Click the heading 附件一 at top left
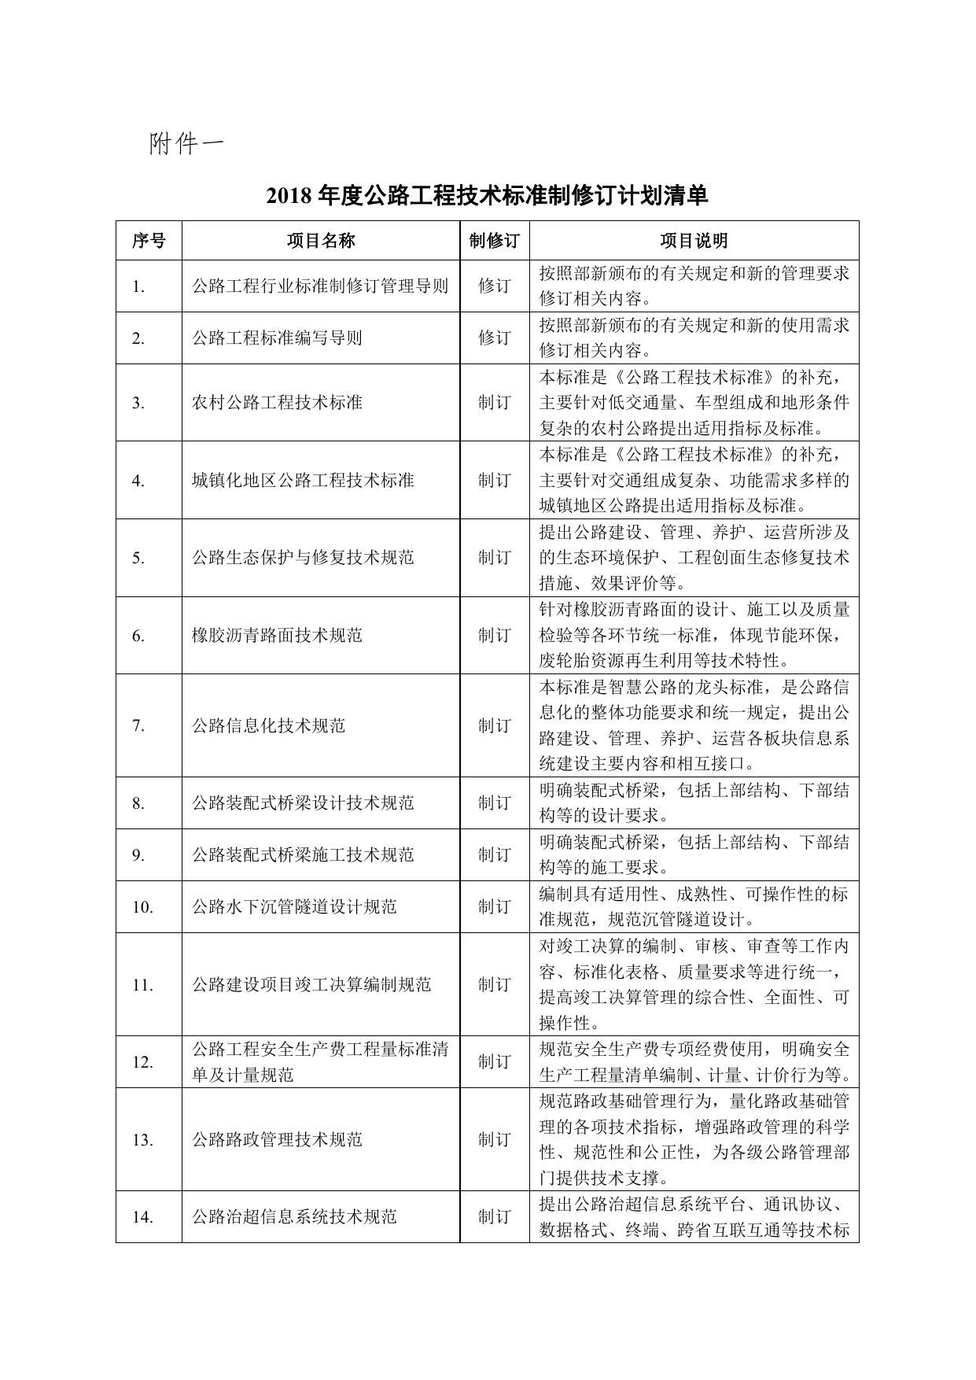(186, 143)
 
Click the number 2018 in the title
(289, 195)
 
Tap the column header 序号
(149, 241)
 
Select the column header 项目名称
(320, 241)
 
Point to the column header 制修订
(494, 241)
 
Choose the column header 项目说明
(694, 241)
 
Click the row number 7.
(138, 725)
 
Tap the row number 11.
(142, 984)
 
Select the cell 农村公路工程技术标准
(277, 403)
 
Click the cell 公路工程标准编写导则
(277, 338)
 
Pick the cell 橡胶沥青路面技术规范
(277, 635)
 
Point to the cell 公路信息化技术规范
(268, 725)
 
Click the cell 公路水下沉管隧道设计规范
(294, 906)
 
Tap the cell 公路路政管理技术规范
(277, 1139)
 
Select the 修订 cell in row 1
(494, 286)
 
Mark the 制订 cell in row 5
(494, 558)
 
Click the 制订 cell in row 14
(494, 1216)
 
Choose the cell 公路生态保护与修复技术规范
(303, 558)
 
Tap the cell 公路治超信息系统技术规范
(294, 1216)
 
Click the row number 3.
(138, 403)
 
